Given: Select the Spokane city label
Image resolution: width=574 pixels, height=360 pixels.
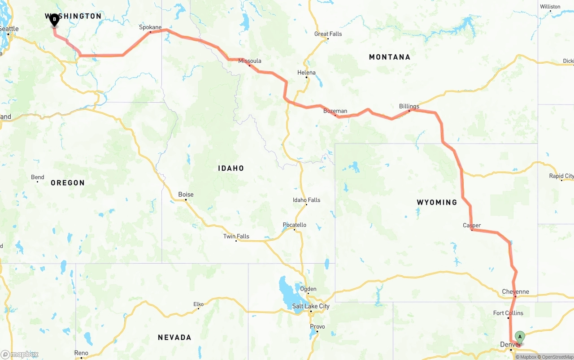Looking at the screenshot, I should pyautogui.click(x=150, y=27).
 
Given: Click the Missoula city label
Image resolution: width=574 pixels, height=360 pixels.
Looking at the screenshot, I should pyautogui.click(x=250, y=61).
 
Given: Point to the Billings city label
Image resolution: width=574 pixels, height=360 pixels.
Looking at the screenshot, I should pyautogui.click(x=409, y=106).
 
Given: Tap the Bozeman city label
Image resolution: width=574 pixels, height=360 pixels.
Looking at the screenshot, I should pyautogui.click(x=335, y=111).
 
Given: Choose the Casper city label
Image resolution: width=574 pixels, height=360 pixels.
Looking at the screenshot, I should pyautogui.click(x=472, y=226).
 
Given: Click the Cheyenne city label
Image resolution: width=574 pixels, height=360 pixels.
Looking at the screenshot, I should pyautogui.click(x=515, y=292).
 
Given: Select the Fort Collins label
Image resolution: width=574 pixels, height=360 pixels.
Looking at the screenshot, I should pyautogui.click(x=508, y=313).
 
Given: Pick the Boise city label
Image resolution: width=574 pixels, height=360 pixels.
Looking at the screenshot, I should pyautogui.click(x=186, y=194).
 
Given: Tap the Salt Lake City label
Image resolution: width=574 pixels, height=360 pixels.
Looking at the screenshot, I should pyautogui.click(x=311, y=306).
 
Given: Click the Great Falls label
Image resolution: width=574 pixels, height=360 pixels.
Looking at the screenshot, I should pyautogui.click(x=328, y=34).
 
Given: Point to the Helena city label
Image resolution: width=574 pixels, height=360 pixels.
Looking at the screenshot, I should pyautogui.click(x=306, y=73).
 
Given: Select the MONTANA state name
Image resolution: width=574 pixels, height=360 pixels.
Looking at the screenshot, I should pyautogui.click(x=389, y=57).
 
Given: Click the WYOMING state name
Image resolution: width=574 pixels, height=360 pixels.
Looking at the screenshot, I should pyautogui.click(x=437, y=202).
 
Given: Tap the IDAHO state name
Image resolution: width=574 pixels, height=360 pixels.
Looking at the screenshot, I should pyautogui.click(x=231, y=168).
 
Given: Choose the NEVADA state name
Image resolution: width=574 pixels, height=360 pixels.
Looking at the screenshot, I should pyautogui.click(x=174, y=338).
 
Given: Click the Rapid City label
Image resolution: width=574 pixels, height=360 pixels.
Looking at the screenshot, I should pyautogui.click(x=561, y=176).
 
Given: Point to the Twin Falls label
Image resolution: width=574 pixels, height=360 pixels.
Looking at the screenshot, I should pyautogui.click(x=236, y=236).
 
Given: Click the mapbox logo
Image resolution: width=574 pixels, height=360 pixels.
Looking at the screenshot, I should pyautogui.click(x=20, y=354).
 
